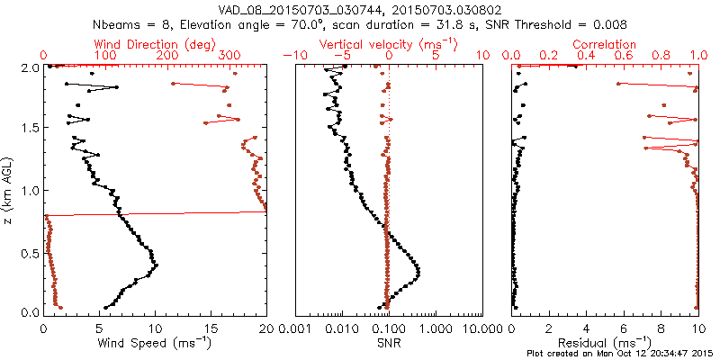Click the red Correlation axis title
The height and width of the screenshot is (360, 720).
(605, 44)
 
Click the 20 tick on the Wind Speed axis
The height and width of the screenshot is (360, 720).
(266, 328)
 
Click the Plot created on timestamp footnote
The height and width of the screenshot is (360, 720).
(620, 353)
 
